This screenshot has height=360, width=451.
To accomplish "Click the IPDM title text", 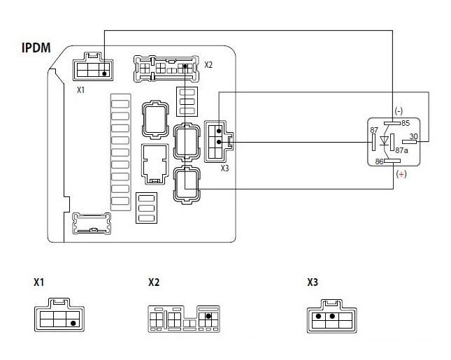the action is point(36,48).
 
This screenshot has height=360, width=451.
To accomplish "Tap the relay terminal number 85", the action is point(406,123).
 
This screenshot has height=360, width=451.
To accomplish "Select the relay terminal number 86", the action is point(380,161).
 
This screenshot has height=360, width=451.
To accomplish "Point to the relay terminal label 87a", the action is point(401,150).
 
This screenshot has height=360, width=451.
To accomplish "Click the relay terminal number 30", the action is point(414,136).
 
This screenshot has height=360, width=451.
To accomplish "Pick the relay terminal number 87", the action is point(374,130).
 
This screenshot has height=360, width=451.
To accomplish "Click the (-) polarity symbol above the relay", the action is point(399,111).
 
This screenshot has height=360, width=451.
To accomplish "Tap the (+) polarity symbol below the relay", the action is point(401,174).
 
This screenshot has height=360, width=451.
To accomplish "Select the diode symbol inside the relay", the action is point(385,141).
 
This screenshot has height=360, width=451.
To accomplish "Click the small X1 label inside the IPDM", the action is point(81,90).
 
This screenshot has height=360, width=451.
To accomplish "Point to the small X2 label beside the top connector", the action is point(208,65).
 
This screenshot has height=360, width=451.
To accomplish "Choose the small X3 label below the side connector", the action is point(224,168).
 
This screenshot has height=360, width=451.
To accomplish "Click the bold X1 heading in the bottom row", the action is point(39,282).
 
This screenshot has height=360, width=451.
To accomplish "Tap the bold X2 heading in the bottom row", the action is point(154,282).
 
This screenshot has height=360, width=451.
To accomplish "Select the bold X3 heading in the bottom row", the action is point(313,282).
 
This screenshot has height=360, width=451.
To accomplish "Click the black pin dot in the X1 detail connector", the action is point(73,323).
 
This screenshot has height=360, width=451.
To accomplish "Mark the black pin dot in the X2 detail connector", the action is point(208,316).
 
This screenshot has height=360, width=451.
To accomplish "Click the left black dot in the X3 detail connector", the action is point(318,316).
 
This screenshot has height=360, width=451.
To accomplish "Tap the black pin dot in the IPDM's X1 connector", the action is point(104,73).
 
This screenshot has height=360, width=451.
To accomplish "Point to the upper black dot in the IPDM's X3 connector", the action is point(219,131).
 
